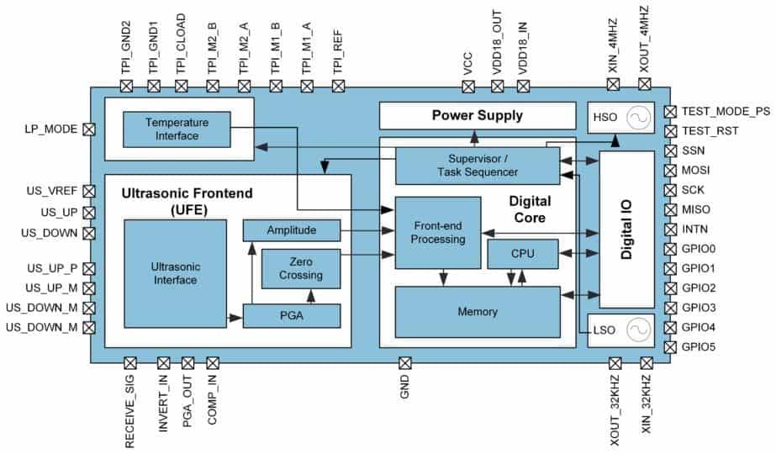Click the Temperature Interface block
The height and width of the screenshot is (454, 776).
pos(177,129)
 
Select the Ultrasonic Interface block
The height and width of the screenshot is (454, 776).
pos(175,273)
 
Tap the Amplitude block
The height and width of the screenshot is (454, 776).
pos(292,230)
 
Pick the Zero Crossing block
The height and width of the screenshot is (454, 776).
pos(301,268)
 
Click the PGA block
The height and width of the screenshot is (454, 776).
pos(292,316)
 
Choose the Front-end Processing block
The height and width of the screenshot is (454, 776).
pos(437,233)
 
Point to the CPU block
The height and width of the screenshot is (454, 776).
pos(522,254)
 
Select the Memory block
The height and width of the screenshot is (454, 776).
pos(477,311)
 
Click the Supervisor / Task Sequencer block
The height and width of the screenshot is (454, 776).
pos(477,166)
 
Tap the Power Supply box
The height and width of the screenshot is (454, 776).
pos(477,115)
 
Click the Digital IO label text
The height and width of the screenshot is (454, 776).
pos(626,229)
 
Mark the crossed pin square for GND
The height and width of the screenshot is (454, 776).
pos(404,362)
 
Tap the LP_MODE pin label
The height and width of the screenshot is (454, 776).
pos(51,129)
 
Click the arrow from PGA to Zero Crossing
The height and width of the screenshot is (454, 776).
pos(311,296)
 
